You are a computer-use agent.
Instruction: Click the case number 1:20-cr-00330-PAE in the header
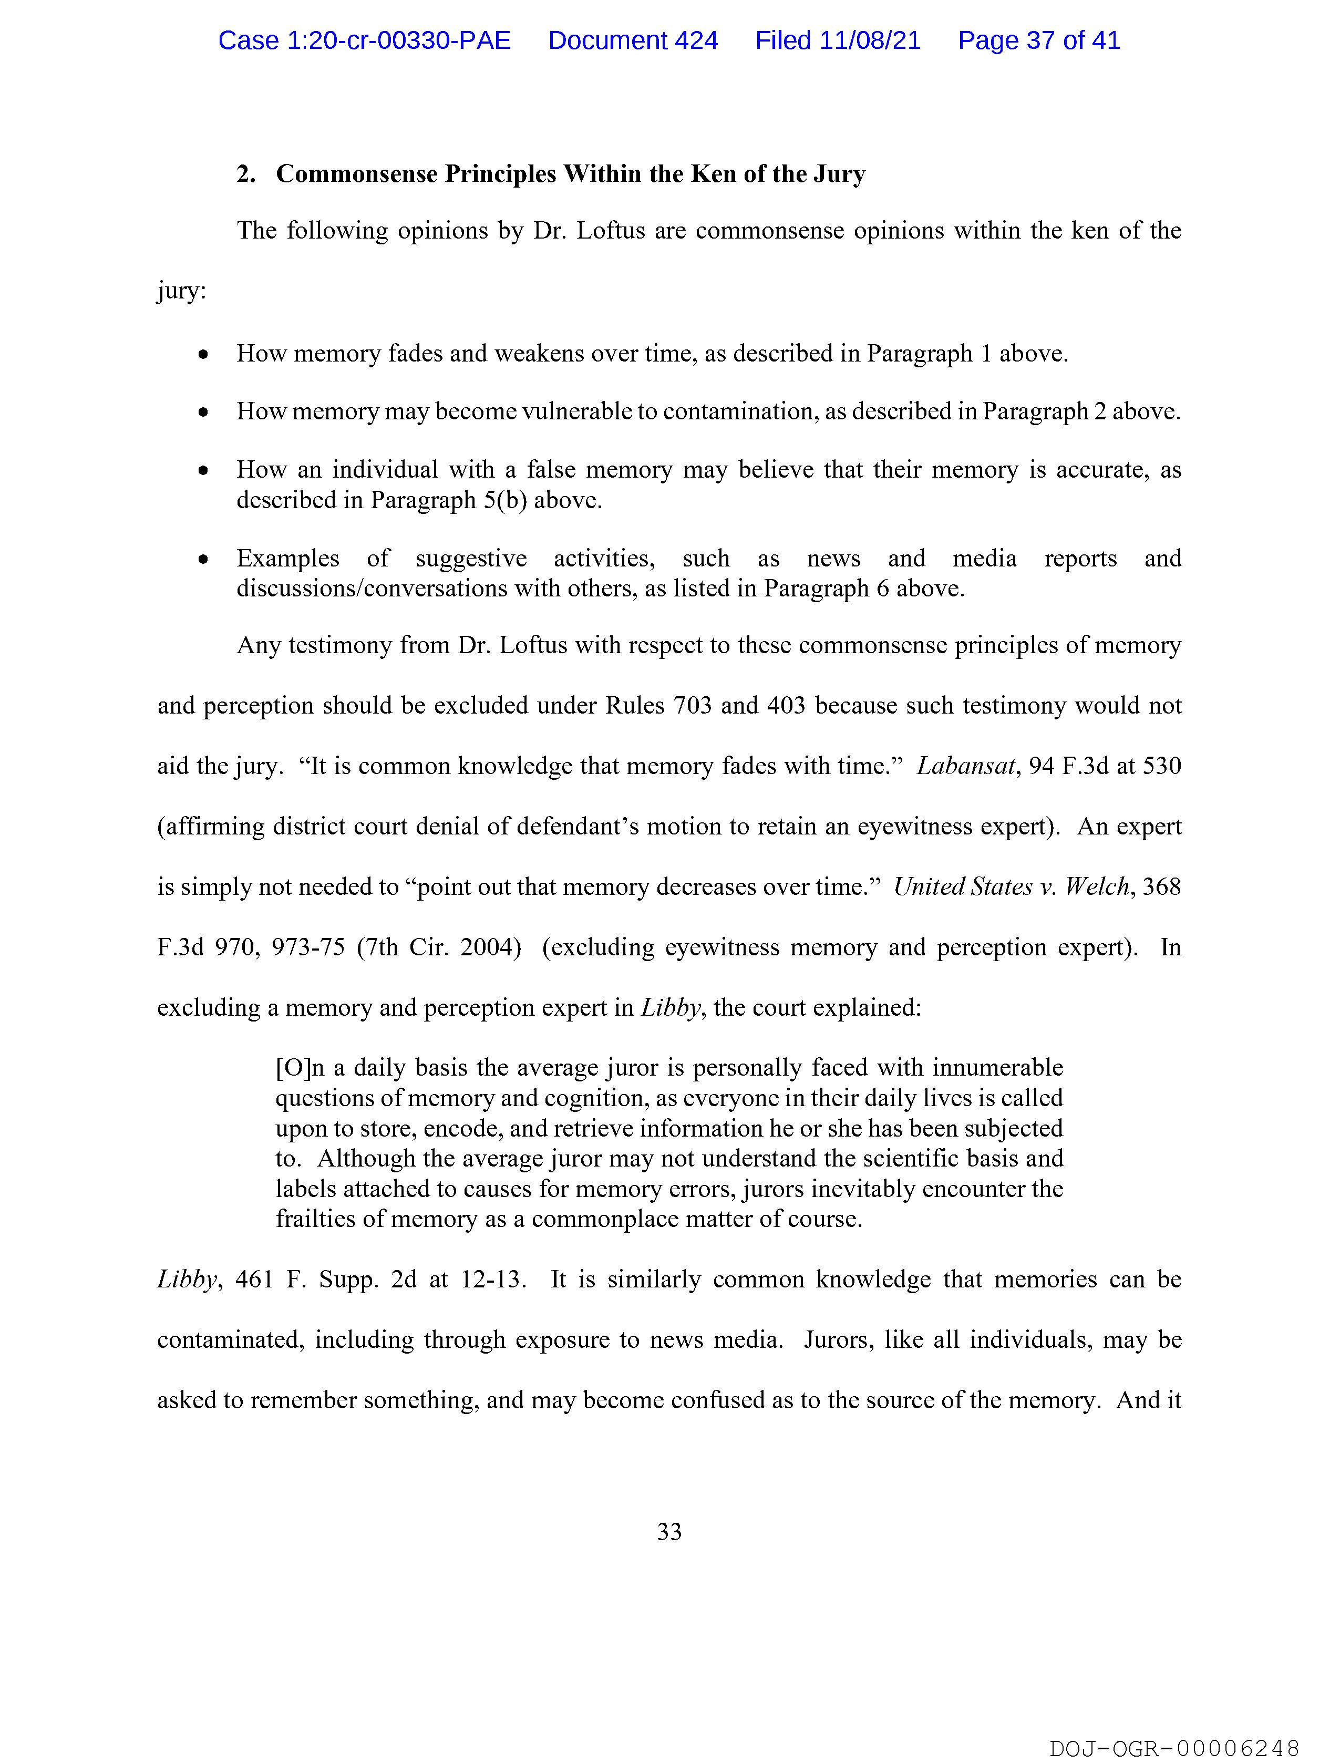click(365, 40)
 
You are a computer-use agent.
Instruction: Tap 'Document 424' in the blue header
click(633, 40)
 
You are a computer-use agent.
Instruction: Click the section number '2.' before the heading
click(246, 174)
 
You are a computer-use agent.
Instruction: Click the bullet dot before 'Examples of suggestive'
click(204, 559)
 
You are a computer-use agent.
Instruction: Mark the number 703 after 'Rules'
click(693, 706)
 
